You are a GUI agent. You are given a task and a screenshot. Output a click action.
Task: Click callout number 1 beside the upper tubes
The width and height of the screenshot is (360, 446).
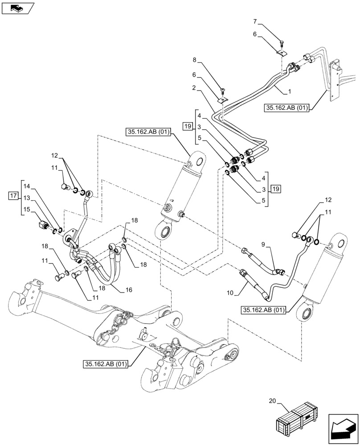pos(290,91)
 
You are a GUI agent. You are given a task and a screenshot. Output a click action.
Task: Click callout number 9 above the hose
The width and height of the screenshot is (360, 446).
pos(263,244)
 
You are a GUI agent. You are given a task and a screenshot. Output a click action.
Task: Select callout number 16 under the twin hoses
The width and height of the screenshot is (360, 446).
pos(129,290)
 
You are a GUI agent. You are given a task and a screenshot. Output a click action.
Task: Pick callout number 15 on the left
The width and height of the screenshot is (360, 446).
pos(27,209)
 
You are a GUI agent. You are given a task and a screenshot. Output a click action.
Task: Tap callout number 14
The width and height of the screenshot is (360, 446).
pos(27,186)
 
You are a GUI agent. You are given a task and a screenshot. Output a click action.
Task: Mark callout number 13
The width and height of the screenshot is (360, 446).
pos(27,198)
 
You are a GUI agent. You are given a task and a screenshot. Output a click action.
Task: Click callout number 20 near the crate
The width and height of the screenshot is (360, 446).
pos(273,401)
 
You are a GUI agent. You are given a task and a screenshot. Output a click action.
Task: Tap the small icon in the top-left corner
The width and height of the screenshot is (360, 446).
pos(18,8)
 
